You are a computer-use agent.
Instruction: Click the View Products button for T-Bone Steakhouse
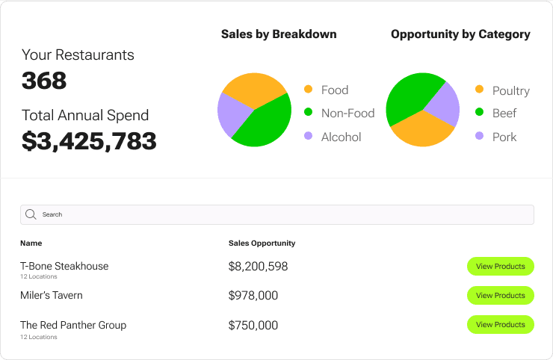(x=500, y=266)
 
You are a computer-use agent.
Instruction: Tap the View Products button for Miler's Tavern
(x=500, y=295)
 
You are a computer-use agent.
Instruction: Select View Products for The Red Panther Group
(x=500, y=324)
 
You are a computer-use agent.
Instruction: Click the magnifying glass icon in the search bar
(x=31, y=214)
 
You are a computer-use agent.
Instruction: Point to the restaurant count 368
(x=44, y=81)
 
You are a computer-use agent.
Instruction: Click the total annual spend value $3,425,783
(x=89, y=140)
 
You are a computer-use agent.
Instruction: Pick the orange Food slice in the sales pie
(x=250, y=88)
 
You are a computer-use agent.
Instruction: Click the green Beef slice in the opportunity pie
(x=407, y=97)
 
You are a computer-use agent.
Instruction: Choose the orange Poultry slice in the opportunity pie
(x=422, y=130)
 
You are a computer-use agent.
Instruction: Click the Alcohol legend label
(x=341, y=137)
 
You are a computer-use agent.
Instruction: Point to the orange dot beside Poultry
(x=480, y=90)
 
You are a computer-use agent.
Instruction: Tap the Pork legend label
(x=504, y=137)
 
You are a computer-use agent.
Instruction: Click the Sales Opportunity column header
(x=262, y=243)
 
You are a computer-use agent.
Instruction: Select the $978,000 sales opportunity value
(x=253, y=296)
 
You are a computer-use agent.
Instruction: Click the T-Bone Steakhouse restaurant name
(x=64, y=266)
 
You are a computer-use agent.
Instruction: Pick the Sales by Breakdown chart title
(x=279, y=34)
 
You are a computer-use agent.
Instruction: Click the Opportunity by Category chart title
(x=460, y=34)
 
